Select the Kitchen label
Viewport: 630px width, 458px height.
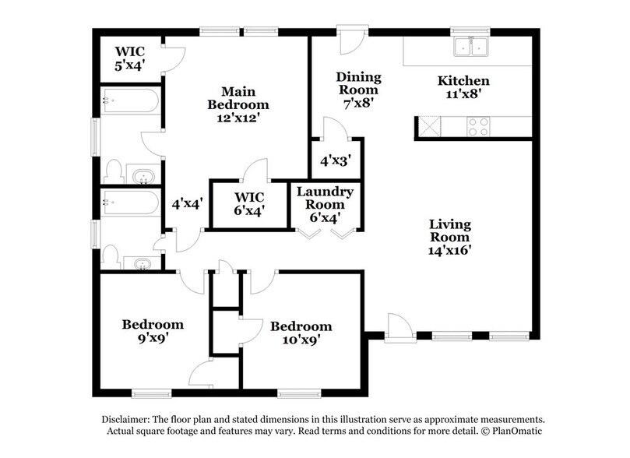463,81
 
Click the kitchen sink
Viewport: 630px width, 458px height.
471,48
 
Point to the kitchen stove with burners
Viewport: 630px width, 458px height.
477,125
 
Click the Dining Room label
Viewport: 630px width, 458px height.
358,82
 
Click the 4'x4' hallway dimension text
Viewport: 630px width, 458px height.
187,204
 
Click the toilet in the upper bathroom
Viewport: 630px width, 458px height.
114,171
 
